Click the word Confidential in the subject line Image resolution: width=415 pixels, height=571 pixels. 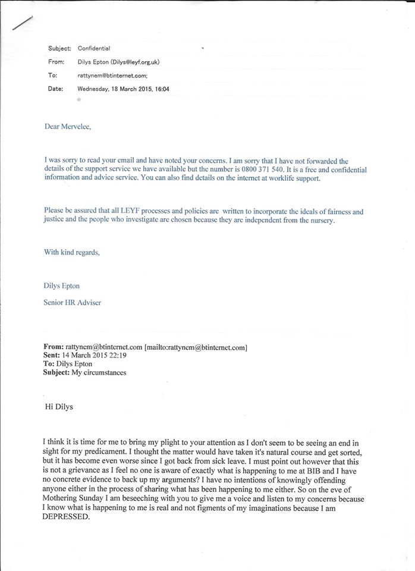(x=94, y=49)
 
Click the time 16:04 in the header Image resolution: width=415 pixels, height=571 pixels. (x=163, y=89)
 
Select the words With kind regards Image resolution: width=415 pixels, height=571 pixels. (x=72, y=252)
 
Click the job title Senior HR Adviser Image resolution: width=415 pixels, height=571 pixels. (x=73, y=303)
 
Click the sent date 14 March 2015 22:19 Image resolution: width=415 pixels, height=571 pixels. (x=95, y=356)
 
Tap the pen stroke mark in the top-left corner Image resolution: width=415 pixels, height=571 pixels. (x=22, y=22)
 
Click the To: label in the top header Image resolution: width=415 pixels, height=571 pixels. (x=52, y=76)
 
